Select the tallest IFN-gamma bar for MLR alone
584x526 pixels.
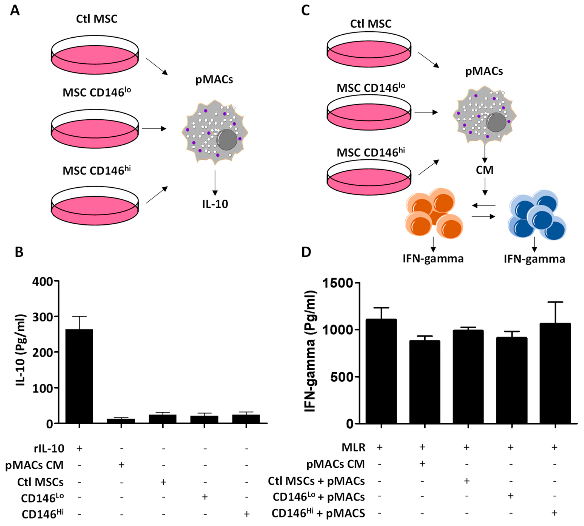[x=381, y=371]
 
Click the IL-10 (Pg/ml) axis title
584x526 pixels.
[x=21, y=350]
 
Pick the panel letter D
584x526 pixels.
[x=306, y=252]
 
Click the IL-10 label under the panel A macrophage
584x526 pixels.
[x=215, y=204]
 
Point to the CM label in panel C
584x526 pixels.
[x=484, y=170]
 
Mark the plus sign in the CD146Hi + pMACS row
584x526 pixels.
[x=554, y=513]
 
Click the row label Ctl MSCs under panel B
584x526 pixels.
[x=40, y=482]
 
